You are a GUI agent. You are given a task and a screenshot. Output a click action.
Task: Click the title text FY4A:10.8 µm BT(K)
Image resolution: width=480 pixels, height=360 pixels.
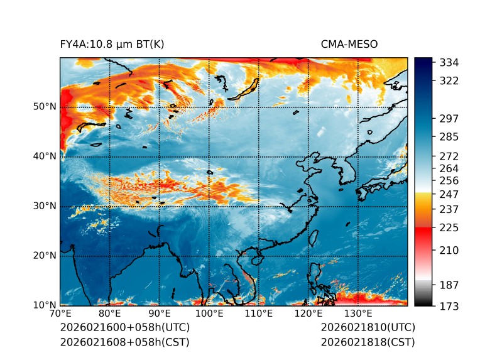[112, 44]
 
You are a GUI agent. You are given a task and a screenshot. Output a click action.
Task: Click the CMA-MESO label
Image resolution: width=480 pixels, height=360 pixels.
[349, 44]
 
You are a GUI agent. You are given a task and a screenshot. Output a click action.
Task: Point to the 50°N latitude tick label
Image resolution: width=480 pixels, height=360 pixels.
[45, 107]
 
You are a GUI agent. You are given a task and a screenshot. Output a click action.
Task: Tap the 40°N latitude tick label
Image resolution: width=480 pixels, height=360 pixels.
[45, 156]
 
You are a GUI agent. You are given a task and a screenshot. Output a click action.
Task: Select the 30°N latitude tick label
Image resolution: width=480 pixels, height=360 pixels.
[45, 206]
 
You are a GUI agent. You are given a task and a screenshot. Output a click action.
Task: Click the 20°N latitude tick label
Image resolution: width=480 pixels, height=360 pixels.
[45, 256]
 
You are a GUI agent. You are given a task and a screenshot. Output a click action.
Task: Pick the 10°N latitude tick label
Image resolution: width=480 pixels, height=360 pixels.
[45, 305]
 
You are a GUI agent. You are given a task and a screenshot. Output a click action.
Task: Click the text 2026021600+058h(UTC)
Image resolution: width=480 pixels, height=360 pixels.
[124, 328]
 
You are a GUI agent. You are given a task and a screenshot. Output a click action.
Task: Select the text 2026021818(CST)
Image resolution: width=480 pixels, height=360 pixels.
[368, 342]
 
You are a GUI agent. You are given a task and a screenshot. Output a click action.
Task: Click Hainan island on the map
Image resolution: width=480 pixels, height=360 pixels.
[256, 259]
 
